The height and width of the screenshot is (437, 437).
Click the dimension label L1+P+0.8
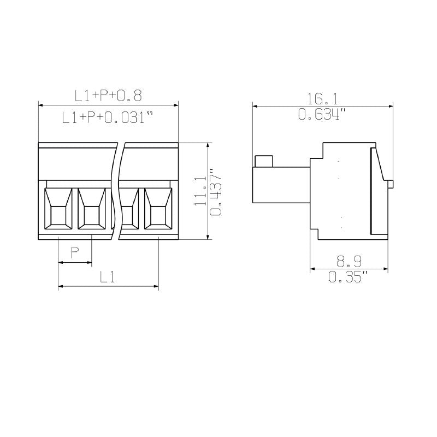(x=108, y=96)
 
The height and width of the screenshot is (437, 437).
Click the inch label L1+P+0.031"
(x=107, y=117)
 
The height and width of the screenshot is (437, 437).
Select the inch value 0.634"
(x=322, y=114)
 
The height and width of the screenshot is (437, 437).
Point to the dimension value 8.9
(x=349, y=261)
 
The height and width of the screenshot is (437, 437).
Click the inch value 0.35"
(x=349, y=276)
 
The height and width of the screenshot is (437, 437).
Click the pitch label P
(x=75, y=252)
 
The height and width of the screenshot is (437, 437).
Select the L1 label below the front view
(x=107, y=277)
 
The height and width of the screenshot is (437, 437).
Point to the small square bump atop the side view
(x=264, y=161)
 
